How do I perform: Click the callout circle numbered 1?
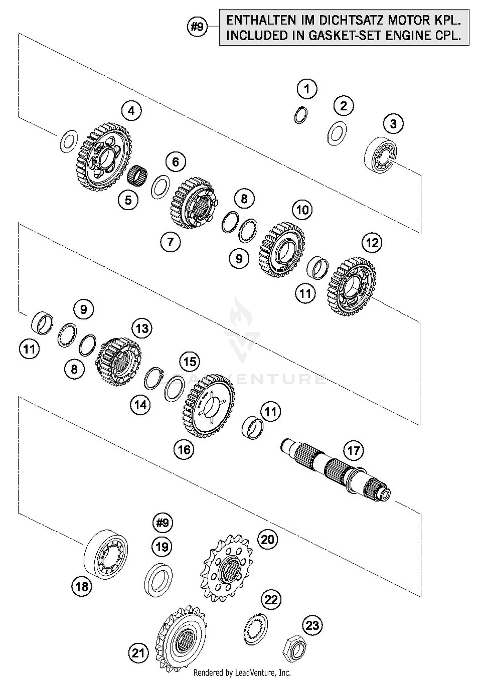tap(307, 89)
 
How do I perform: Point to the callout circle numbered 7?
tap(170, 241)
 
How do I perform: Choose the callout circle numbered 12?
tap(372, 243)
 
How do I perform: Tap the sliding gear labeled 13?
tap(118, 361)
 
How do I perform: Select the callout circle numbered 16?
tap(184, 449)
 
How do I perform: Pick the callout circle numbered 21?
tap(138, 653)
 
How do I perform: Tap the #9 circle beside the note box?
tap(197, 27)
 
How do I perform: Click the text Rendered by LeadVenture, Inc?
tap(242, 673)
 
